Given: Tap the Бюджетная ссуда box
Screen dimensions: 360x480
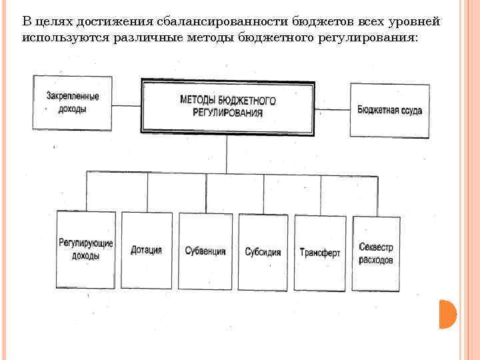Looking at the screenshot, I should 389,110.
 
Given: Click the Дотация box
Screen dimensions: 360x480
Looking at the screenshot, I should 147,251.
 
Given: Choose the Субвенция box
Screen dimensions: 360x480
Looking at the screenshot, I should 205,251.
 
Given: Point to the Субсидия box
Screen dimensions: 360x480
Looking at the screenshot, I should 263,252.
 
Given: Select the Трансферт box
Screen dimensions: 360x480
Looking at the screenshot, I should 320,253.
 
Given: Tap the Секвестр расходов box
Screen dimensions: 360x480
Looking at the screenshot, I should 376,253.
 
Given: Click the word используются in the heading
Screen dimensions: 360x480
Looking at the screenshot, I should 55,38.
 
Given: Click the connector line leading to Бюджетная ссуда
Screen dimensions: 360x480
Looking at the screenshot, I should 332,108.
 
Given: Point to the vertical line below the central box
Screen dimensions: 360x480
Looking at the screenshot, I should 227,151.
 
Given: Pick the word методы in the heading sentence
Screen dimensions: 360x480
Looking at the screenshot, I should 201,38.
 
